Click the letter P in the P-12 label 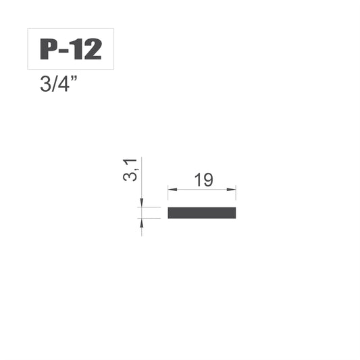[48, 49]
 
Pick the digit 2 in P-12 [93, 49]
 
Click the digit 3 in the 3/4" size [45, 84]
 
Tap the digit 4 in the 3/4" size [62, 84]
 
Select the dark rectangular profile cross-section [202, 213]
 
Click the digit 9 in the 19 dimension [207, 180]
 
